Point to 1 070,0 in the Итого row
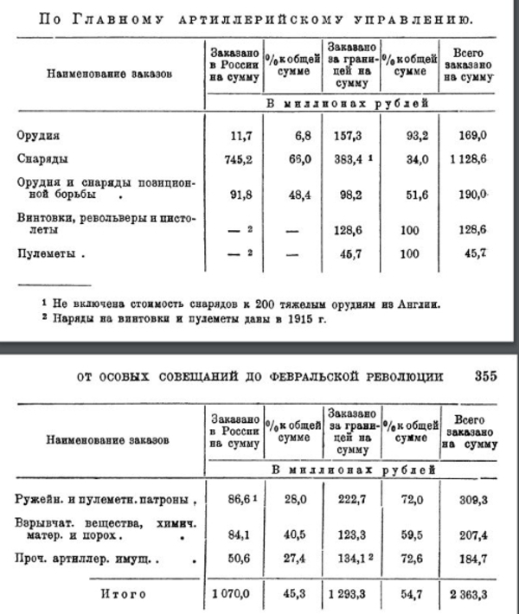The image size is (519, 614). (229, 594)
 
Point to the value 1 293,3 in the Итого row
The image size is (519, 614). (349, 594)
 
